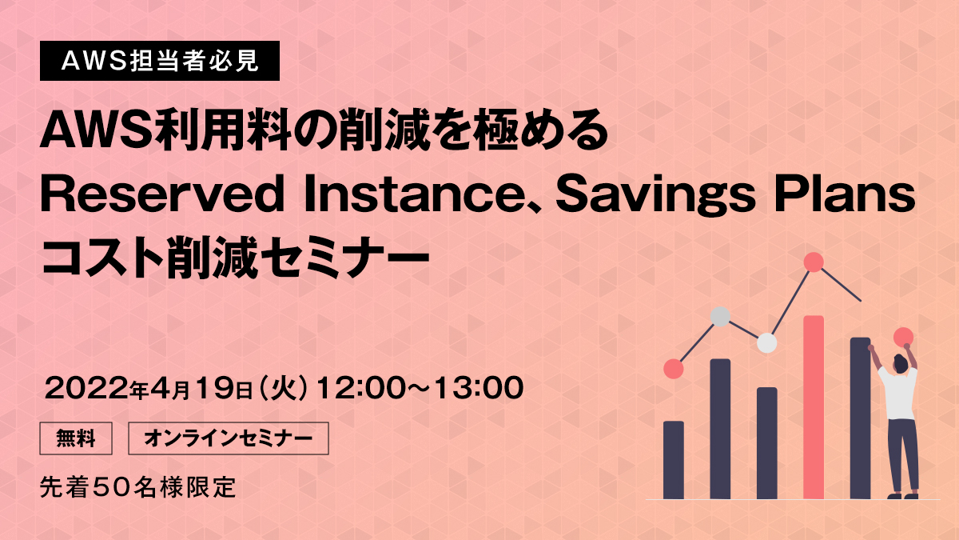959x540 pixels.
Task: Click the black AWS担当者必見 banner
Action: (160, 61)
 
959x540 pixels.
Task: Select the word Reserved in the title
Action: (162, 194)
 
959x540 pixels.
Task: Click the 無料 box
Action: (76, 438)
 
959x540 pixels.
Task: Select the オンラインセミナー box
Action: (229, 438)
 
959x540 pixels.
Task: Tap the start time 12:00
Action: (364, 388)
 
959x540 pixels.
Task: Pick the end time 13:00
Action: (479, 388)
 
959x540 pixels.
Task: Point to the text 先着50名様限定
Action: (137, 487)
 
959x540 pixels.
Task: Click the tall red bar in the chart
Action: (814, 407)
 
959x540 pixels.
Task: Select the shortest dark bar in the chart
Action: (674, 460)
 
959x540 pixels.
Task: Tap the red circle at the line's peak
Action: (814, 262)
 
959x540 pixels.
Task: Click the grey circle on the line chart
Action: (720, 317)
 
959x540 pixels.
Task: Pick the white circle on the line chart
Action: (766, 343)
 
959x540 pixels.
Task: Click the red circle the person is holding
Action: (903, 338)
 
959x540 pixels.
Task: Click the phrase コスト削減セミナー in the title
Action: (235, 258)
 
